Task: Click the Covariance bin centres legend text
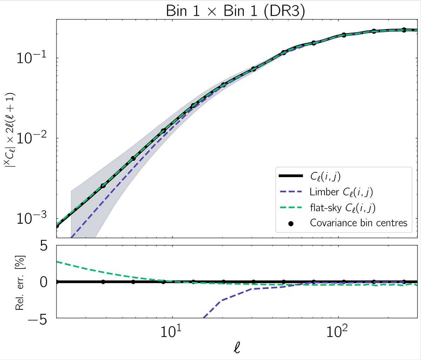359,223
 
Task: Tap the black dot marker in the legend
291,223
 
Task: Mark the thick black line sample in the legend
291,177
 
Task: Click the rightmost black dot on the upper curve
404,30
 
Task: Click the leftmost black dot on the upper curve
57,226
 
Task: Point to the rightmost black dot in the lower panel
404,282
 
